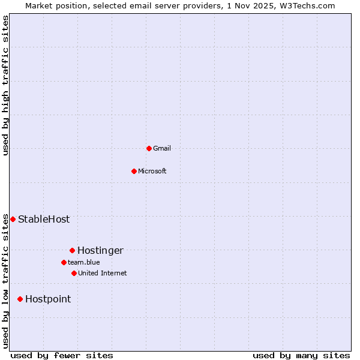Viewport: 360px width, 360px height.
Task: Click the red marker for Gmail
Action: tap(149, 148)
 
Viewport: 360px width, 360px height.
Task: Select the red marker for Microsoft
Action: tap(134, 171)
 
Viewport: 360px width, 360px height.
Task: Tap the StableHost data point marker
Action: tap(13, 219)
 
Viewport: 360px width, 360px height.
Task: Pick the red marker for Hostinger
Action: tap(72, 250)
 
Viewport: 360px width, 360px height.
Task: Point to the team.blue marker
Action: tap(64, 262)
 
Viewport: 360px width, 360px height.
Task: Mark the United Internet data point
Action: tap(74, 273)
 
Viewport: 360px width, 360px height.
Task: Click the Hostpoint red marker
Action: tap(20, 299)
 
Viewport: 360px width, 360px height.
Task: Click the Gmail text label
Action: tap(162, 148)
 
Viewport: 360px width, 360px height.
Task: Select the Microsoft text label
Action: tap(152, 171)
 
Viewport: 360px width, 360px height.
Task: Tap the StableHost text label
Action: tap(44, 219)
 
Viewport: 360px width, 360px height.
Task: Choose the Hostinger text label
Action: tap(100, 250)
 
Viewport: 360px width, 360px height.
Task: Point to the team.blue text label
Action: tap(84, 262)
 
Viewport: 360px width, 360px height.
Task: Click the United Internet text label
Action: tap(103, 273)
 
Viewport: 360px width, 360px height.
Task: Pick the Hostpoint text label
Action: tap(48, 299)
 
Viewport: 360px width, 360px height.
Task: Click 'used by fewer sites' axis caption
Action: tap(62, 355)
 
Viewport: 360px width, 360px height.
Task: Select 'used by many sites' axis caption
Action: tap(301, 355)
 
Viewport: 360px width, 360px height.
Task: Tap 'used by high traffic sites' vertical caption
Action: tap(5, 85)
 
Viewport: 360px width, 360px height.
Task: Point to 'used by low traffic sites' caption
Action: tap(5, 281)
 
